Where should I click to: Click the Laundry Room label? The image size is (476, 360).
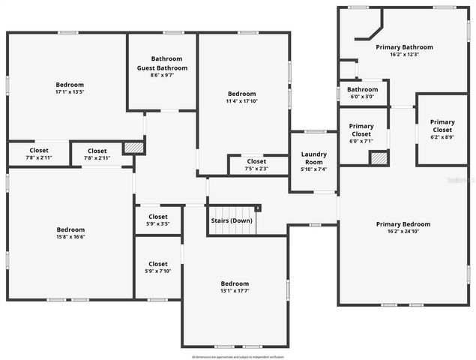[313, 158]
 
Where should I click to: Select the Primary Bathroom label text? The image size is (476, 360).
[404, 46]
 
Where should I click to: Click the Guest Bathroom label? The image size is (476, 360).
[162, 67]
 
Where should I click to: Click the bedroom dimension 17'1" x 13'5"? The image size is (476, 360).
[70, 92]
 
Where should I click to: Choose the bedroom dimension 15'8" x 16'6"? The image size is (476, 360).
[70, 237]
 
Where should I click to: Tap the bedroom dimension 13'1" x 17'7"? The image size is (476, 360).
[234, 291]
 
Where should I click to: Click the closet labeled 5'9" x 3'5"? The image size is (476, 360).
[158, 223]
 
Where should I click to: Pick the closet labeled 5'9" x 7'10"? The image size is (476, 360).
[158, 271]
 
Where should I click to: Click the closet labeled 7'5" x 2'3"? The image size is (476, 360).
[256, 169]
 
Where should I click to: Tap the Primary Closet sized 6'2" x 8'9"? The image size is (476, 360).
[442, 137]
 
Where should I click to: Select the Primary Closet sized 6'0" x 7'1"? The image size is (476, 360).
[361, 141]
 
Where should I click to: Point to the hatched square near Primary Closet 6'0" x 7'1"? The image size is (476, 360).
[379, 157]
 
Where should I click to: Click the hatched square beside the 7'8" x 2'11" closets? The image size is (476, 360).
[133, 148]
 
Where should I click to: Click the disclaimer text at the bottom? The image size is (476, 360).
[238, 356]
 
